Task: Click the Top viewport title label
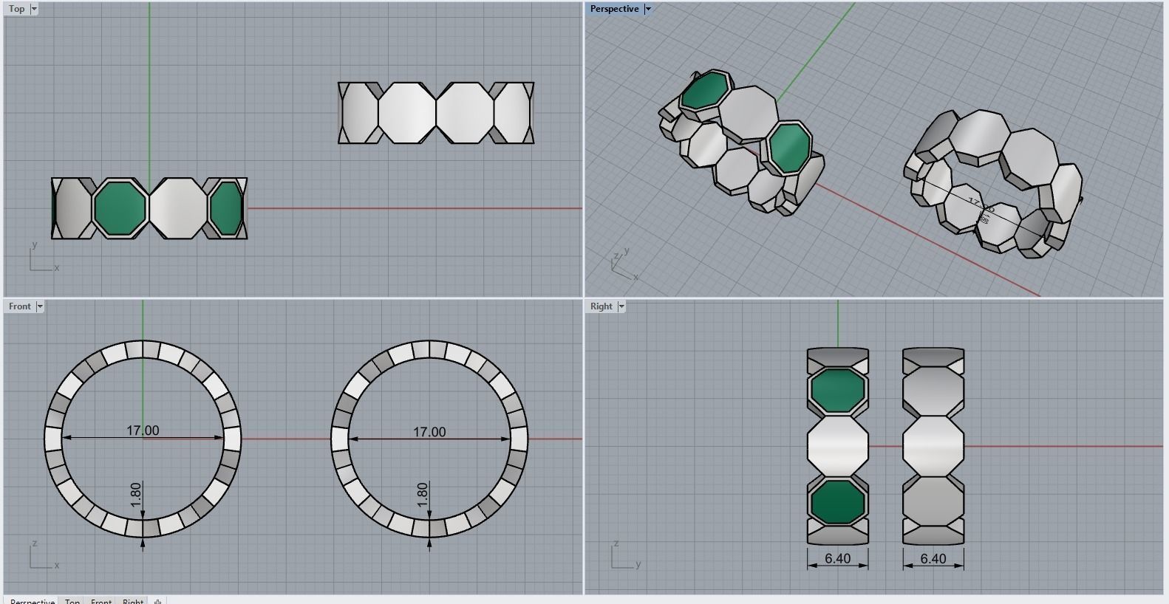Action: click(x=16, y=9)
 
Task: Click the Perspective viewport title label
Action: click(x=614, y=9)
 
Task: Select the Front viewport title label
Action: click(x=20, y=306)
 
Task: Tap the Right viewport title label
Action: click(x=601, y=306)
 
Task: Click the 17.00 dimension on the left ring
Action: click(x=143, y=430)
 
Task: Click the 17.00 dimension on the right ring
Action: click(x=429, y=432)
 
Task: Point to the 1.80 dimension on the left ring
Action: click(x=135, y=495)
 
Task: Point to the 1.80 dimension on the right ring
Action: click(x=422, y=495)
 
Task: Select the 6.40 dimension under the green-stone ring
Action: click(x=837, y=559)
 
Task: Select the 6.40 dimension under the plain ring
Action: click(x=933, y=559)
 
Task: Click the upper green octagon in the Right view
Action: click(x=837, y=388)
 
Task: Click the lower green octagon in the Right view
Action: click(x=837, y=502)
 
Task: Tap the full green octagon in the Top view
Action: click(x=120, y=208)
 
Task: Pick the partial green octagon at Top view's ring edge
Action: click(x=226, y=208)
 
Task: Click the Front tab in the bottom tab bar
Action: click(x=101, y=601)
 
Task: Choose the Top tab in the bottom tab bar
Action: click(x=72, y=601)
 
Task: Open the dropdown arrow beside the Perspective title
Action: click(x=648, y=9)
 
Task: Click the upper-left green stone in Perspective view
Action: click(x=704, y=91)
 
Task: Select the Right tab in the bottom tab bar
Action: click(x=133, y=601)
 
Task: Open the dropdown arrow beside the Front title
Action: click(x=40, y=306)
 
